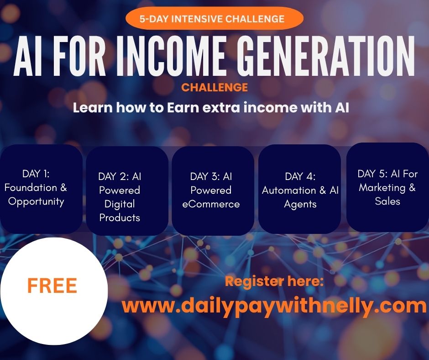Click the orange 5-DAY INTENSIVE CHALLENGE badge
click(214, 18)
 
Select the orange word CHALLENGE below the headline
click(214, 87)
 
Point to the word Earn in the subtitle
click(183, 107)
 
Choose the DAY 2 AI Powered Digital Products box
click(127, 191)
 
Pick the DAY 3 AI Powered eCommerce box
click(213, 191)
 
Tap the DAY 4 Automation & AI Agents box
click(299, 189)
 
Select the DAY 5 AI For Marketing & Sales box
click(387, 187)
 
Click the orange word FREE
click(52, 286)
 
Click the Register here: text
click(274, 281)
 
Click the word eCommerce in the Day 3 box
click(211, 204)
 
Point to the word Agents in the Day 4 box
click(300, 204)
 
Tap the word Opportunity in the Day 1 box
click(36, 201)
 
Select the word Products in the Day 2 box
click(120, 218)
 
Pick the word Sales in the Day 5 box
click(387, 201)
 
